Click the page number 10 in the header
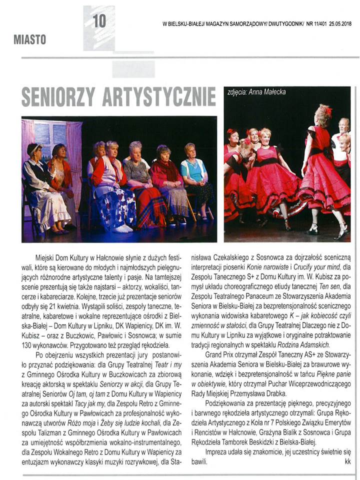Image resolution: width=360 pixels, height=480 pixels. [x=100, y=21]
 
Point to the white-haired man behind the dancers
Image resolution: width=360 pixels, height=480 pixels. [x=343, y=127]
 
